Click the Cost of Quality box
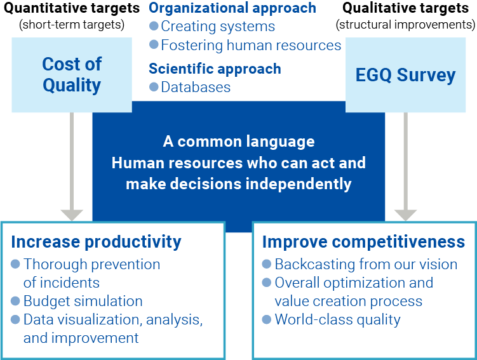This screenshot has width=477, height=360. (x=72, y=74)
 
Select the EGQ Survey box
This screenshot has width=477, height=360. (x=405, y=74)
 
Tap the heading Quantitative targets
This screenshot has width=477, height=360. (x=72, y=9)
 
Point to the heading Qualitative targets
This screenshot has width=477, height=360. (x=406, y=9)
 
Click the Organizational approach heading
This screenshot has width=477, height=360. (x=232, y=8)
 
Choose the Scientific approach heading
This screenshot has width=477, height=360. (x=215, y=69)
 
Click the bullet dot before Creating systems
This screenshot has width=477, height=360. (x=154, y=27)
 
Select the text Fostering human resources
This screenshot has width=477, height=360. (x=251, y=45)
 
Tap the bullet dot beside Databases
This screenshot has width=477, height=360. (x=154, y=87)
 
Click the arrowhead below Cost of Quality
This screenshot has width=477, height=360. (x=72, y=215)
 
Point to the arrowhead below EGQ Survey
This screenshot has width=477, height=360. (x=405, y=215)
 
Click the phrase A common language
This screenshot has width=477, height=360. (x=238, y=142)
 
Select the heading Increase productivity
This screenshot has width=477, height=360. (x=96, y=242)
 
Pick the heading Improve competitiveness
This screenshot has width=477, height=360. (x=363, y=242)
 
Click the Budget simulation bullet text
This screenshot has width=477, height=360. (x=83, y=301)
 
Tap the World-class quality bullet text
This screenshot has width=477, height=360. (x=337, y=319)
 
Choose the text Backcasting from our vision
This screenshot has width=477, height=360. (x=366, y=264)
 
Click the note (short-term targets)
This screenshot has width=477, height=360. (x=72, y=25)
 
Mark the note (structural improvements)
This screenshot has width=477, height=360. (x=405, y=25)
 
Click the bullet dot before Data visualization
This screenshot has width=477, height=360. (x=16, y=320)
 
